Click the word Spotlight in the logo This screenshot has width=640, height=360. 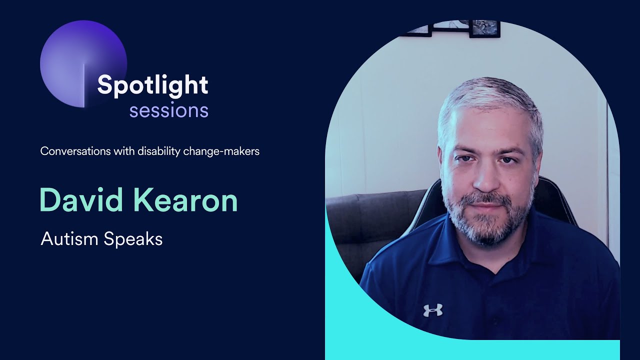coord(152,85)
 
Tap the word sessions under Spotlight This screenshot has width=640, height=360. coord(168,110)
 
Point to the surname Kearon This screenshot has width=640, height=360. coord(192,200)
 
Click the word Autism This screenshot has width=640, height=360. coord(69,239)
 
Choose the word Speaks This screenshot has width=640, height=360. coord(133,239)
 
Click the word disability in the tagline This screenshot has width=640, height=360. coord(157,151)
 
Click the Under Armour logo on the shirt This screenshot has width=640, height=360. coord(433,310)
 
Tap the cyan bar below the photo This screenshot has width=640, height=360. coord(472,350)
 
